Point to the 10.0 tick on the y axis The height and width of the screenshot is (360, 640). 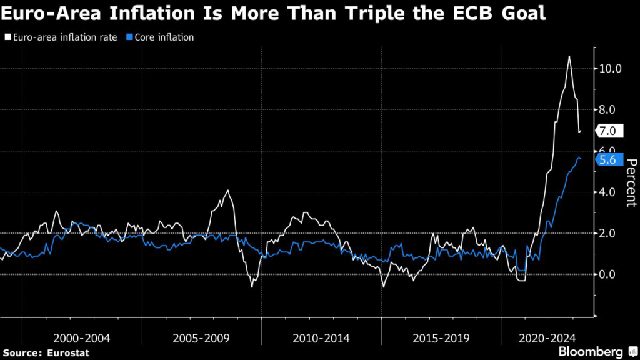(609, 68)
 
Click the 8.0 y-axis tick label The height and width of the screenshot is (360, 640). (609, 109)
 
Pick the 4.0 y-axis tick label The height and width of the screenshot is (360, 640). (609, 192)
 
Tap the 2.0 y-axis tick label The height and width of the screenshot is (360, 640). (609, 233)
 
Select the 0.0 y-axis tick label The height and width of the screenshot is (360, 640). (609, 274)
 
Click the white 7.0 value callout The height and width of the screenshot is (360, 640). (607, 131)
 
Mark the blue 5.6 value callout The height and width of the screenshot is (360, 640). (607, 160)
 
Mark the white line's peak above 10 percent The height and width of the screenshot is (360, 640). (569, 57)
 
